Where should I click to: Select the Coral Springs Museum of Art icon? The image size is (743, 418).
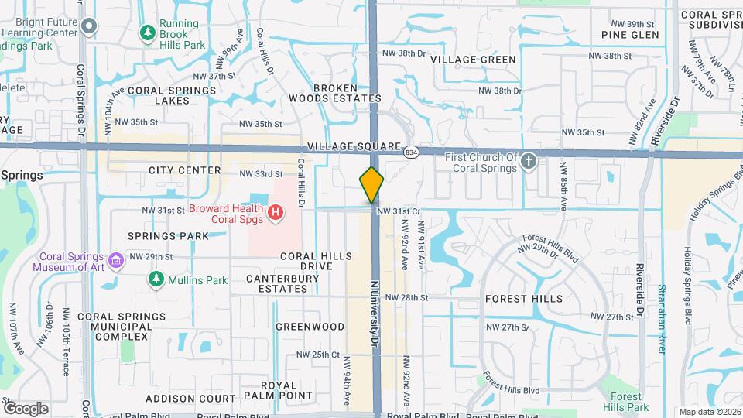[x=116, y=259]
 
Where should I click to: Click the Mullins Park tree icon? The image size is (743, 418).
[x=156, y=278]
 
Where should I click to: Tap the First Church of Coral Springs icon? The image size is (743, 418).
[x=529, y=162]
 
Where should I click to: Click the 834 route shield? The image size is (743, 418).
[x=411, y=152]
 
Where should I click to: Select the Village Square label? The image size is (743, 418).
[x=354, y=146]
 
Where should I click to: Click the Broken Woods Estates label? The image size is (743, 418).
[x=334, y=93]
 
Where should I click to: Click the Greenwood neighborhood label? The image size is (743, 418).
[x=310, y=327]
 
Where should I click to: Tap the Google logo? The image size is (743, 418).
[x=26, y=408]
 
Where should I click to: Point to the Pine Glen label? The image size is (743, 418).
[x=630, y=35]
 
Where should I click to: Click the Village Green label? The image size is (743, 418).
[x=473, y=60]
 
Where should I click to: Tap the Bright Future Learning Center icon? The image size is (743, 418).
[x=89, y=27]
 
